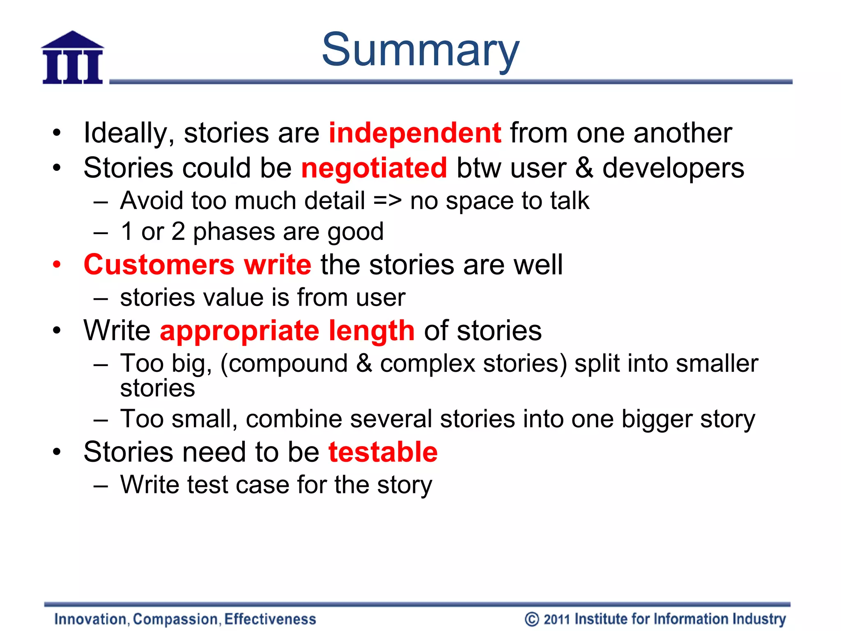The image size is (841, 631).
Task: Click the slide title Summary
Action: click(420, 50)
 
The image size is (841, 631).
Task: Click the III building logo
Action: click(73, 58)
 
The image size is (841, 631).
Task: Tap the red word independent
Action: click(415, 133)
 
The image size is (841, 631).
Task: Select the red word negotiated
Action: click(374, 168)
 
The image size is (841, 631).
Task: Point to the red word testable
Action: click(383, 452)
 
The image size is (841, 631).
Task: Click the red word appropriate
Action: click(239, 331)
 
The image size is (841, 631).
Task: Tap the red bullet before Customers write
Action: click(57, 264)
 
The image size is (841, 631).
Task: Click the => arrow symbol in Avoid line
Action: click(387, 201)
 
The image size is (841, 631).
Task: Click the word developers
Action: click(673, 168)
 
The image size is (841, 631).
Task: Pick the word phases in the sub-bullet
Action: click(234, 232)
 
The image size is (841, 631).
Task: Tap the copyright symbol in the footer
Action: click(531, 619)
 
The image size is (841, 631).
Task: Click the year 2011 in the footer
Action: click(557, 619)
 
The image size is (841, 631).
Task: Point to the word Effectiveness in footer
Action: click(270, 619)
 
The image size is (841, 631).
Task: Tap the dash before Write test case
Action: click(101, 486)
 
